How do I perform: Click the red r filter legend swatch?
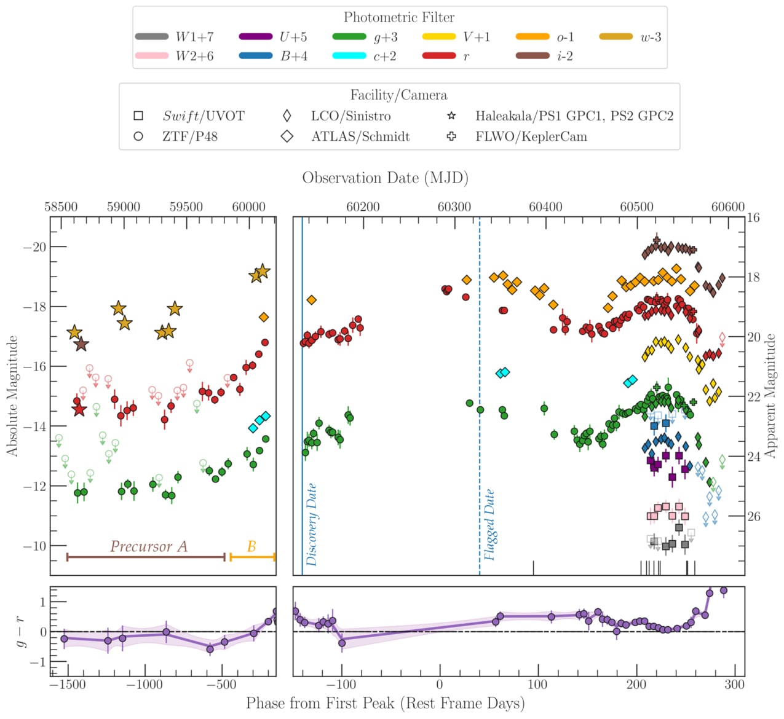click(x=439, y=56)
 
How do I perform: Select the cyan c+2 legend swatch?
click(x=349, y=56)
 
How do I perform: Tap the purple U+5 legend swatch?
click(x=255, y=37)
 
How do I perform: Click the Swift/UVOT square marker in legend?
click(x=138, y=116)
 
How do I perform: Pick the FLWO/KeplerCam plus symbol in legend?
click(x=451, y=136)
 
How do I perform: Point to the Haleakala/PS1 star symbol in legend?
click(x=451, y=116)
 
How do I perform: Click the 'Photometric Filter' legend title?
click(x=399, y=17)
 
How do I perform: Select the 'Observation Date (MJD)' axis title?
click(x=385, y=178)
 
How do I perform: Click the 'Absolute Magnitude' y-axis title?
click(x=12, y=396)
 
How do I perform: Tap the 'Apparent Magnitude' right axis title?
click(x=770, y=396)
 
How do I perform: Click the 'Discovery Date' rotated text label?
click(x=312, y=524)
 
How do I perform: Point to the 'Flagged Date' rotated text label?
click(x=489, y=524)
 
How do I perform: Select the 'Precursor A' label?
click(x=148, y=546)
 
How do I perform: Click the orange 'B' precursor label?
click(x=251, y=546)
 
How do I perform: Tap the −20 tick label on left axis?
click(x=34, y=247)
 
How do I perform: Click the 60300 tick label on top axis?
click(x=454, y=207)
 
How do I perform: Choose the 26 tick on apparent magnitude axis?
click(x=754, y=516)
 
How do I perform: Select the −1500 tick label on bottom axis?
click(x=68, y=685)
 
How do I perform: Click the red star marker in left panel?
click(x=79, y=409)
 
